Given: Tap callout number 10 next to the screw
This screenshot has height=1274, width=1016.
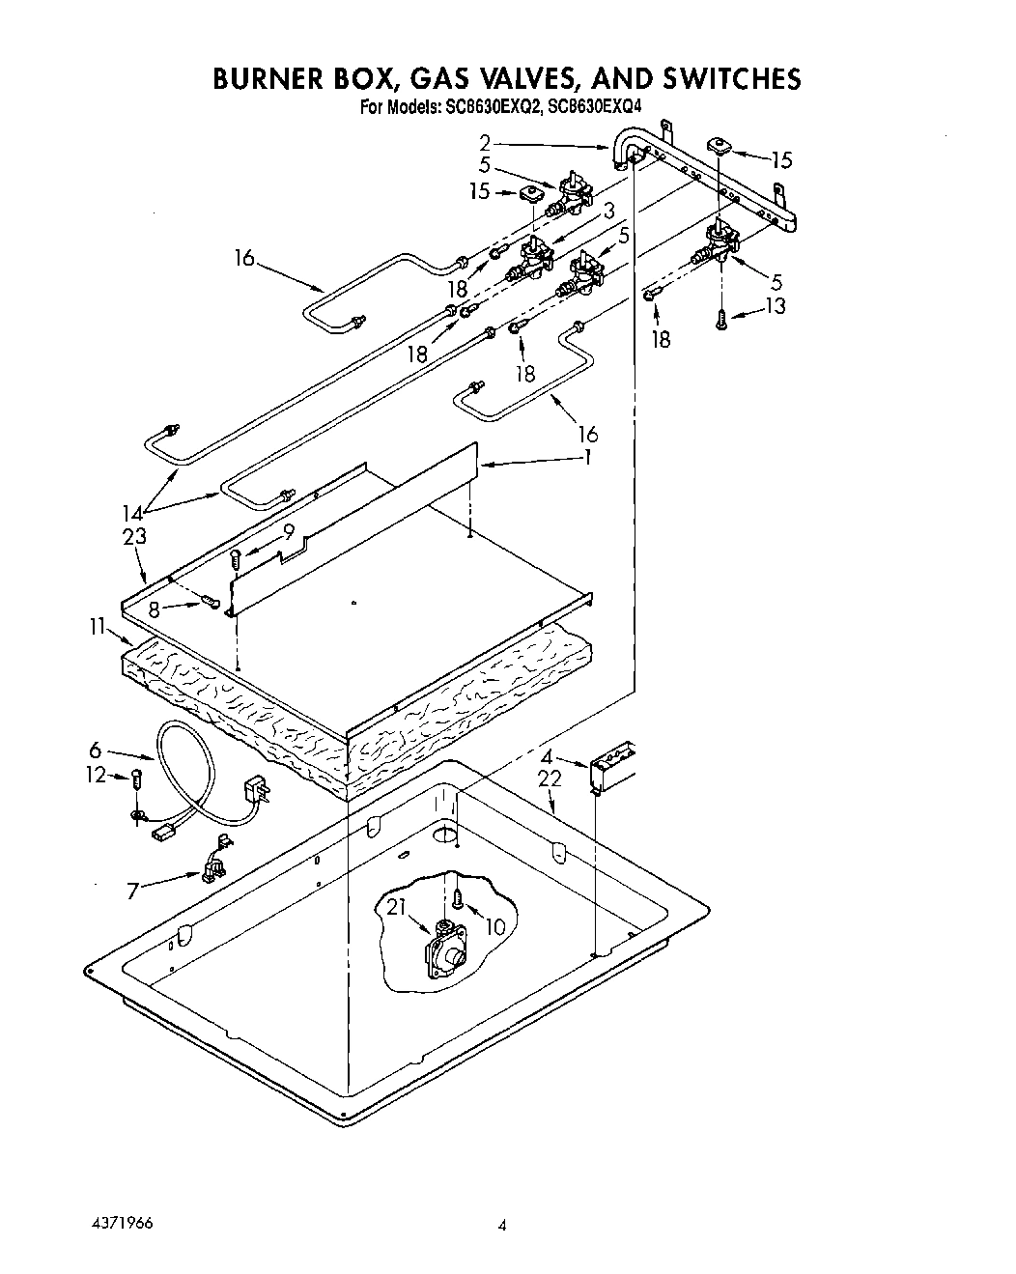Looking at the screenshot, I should (x=494, y=926).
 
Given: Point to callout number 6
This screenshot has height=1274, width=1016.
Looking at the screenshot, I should (x=96, y=749).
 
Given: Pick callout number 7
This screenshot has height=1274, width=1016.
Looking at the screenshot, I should (x=133, y=891).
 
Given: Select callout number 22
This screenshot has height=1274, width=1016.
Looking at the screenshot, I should (x=550, y=779).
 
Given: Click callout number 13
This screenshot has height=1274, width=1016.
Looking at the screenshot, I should (x=775, y=306).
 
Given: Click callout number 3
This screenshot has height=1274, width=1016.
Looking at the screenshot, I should (x=608, y=211).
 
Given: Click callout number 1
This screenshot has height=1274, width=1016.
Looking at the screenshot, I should (x=585, y=457).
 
